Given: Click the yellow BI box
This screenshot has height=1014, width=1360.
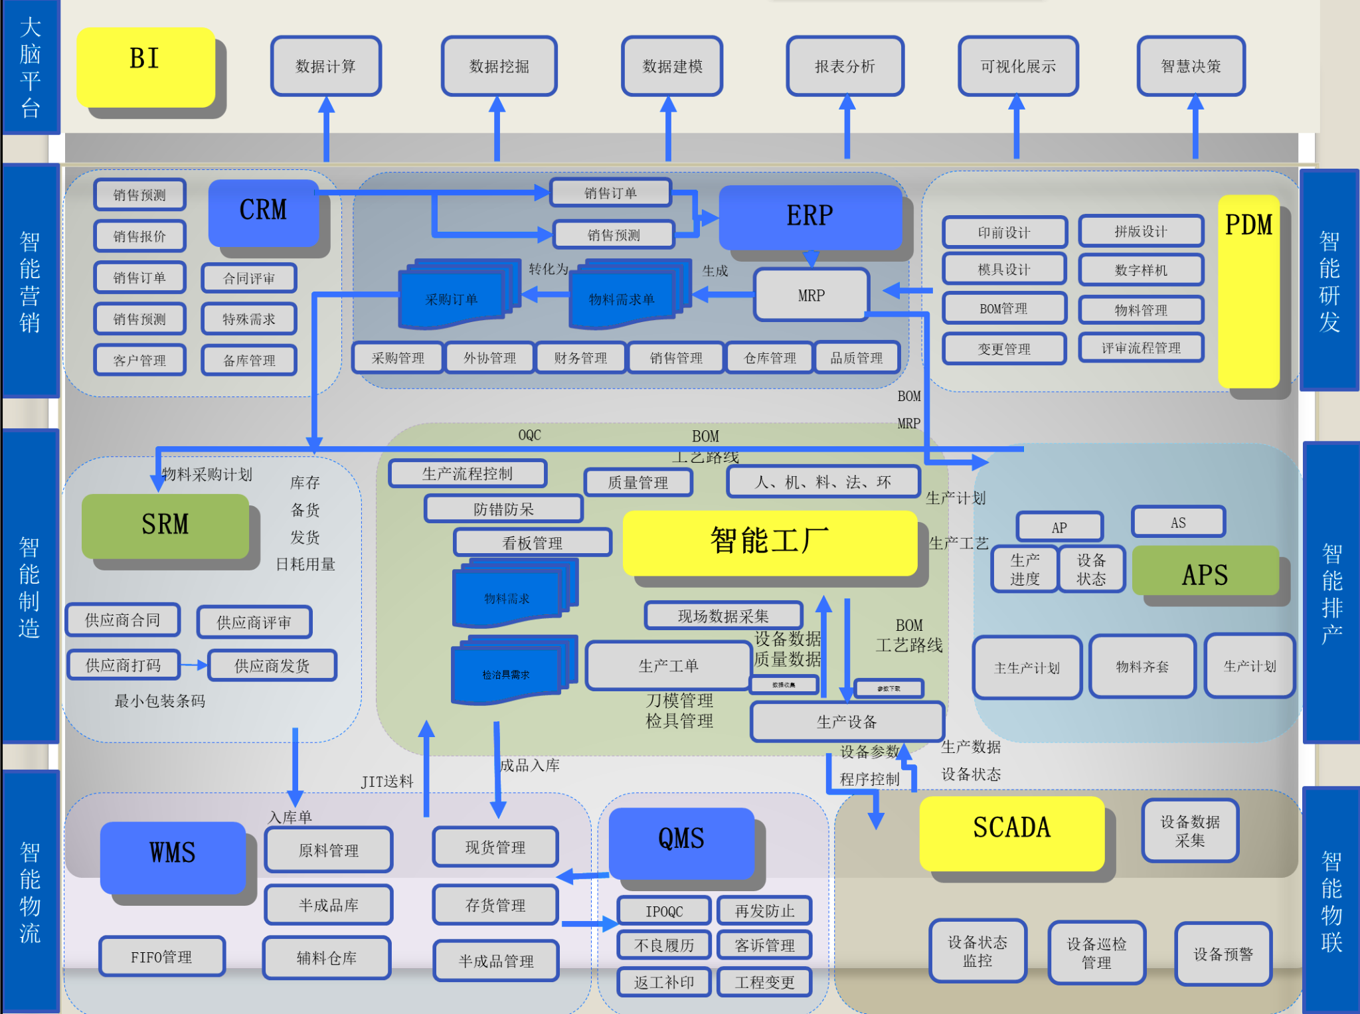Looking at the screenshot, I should coord(145,66).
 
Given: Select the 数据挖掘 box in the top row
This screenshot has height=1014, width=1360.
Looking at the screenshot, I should coord(499,66).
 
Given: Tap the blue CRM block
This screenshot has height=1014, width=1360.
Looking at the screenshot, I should coord(264,212).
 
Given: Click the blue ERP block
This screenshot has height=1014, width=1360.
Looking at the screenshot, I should coord(809,216).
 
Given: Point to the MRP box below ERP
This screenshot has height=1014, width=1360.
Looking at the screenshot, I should coord(811,295).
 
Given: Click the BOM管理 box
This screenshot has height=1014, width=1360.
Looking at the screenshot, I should coord(1003,309).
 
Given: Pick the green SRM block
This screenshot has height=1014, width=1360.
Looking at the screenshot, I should coord(165,525).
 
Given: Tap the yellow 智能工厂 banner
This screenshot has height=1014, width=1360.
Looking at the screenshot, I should coord(770,542).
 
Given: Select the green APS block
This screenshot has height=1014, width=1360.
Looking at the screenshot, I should coord(1205,572).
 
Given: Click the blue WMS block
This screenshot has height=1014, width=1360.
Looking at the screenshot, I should coord(173,855).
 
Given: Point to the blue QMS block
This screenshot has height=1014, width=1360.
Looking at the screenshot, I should coord(681,841).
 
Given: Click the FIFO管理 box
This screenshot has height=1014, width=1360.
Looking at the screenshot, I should coord(161,957).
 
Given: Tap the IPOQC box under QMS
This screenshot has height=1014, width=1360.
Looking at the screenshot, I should coord(664,911).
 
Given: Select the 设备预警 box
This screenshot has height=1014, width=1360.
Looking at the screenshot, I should coord(1223,954).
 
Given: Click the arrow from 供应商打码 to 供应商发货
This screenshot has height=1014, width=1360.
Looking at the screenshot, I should coord(194,665).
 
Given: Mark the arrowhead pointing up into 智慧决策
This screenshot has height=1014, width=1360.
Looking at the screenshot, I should coord(1195,102).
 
